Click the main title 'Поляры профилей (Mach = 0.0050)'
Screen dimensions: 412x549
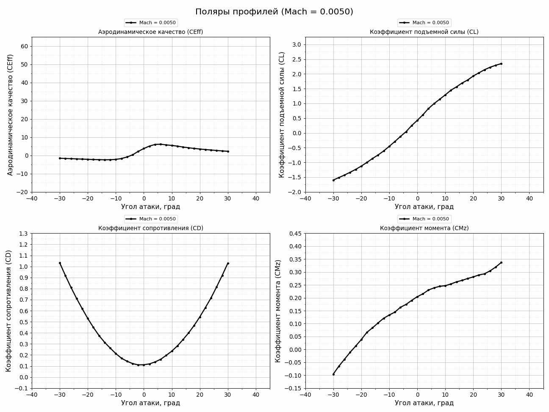click(274, 12)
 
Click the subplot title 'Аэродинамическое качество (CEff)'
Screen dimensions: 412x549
click(150, 32)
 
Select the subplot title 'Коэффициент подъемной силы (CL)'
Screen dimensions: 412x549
click(424, 32)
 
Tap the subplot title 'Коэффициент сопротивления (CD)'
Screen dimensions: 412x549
click(150, 228)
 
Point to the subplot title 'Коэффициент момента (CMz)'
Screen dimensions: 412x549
click(424, 228)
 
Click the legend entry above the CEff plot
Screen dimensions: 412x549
click(150, 23)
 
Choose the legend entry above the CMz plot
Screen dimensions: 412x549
click(424, 219)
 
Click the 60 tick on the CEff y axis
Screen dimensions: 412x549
click(24, 47)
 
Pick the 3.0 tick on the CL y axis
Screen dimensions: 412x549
click(297, 45)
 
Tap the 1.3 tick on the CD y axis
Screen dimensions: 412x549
click(23, 234)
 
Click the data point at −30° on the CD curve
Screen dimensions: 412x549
click(60, 263)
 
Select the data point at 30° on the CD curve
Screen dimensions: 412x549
click(228, 263)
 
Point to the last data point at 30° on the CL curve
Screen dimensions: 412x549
click(501, 64)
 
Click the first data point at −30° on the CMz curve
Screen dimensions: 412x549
click(333, 374)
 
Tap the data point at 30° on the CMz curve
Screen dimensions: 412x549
click(501, 262)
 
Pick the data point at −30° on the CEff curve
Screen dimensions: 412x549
click(60, 158)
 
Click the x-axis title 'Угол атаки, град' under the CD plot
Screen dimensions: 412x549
click(150, 403)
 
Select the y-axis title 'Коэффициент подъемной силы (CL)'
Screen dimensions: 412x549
click(282, 114)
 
